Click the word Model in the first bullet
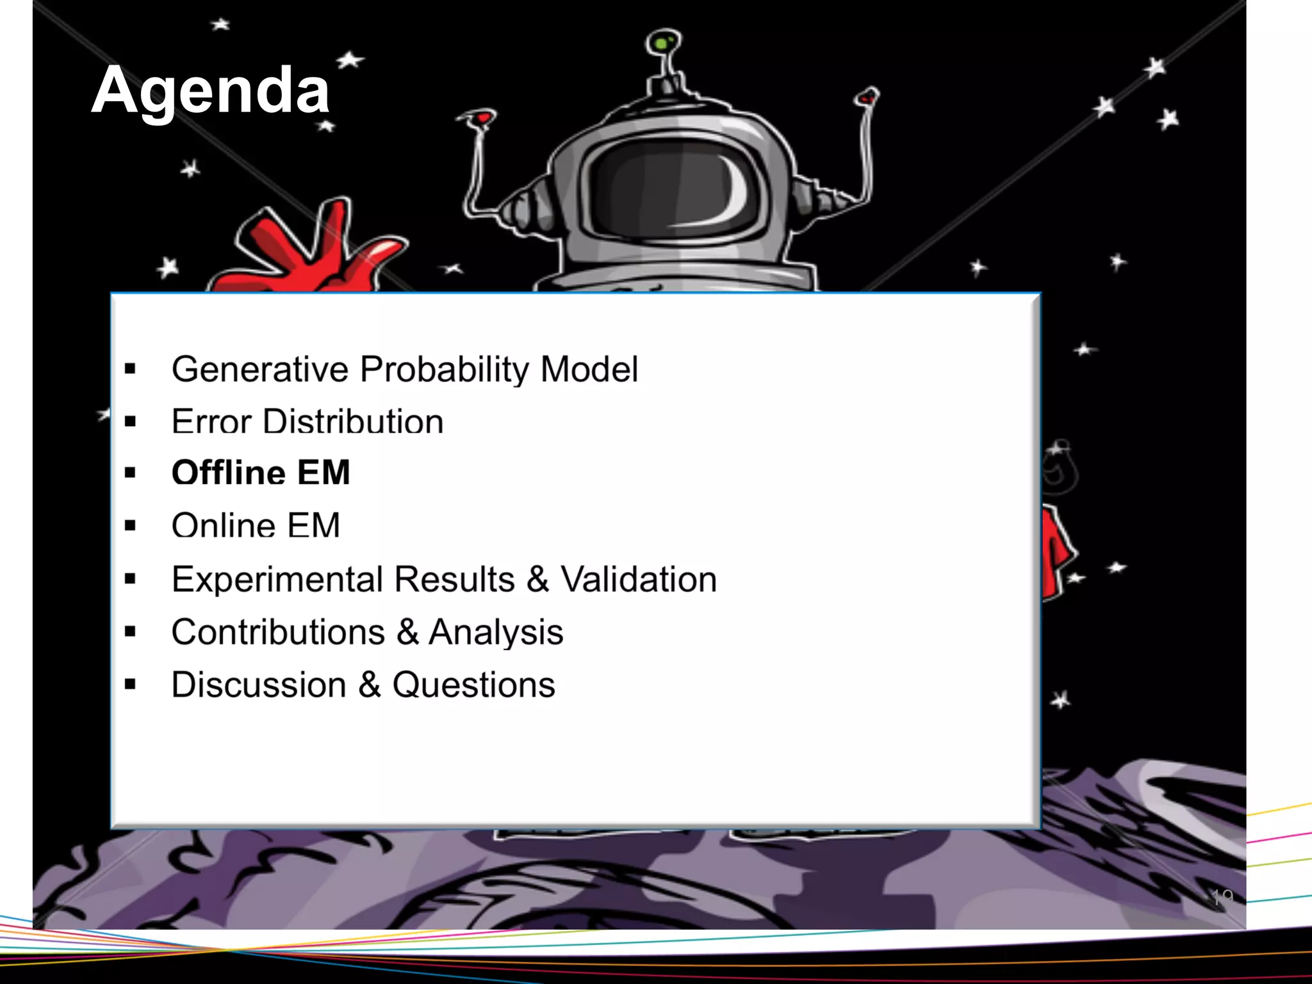(589, 370)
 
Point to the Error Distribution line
(307, 422)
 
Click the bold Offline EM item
(261, 473)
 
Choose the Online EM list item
(256, 526)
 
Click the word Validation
(639, 580)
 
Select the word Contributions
(277, 632)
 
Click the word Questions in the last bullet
(473, 685)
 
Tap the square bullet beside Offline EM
(131, 473)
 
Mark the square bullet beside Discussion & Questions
(131, 684)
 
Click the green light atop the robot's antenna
(662, 43)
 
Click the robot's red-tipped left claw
(480, 119)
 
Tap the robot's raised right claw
(867, 98)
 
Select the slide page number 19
(1222, 897)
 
